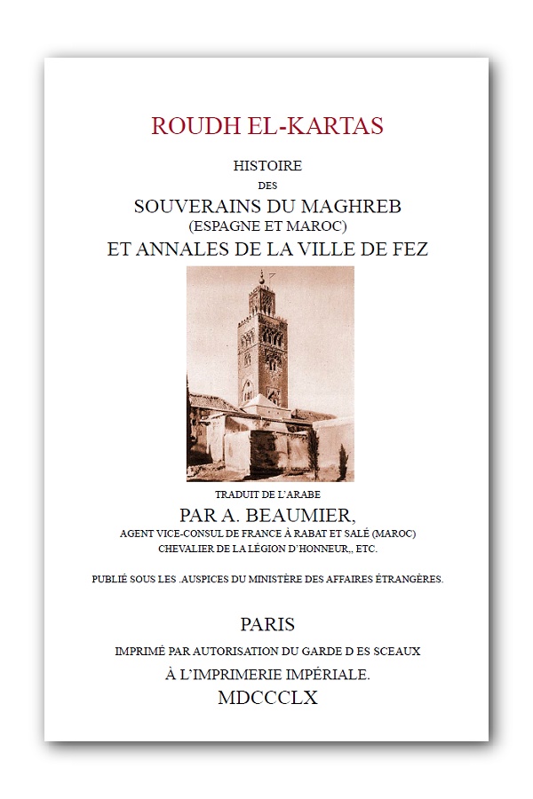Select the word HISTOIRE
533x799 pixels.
[267, 166]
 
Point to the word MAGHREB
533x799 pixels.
[355, 205]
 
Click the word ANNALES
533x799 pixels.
[178, 249]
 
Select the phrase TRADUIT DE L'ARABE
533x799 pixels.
[267, 494]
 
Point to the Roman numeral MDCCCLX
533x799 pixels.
[267, 699]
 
